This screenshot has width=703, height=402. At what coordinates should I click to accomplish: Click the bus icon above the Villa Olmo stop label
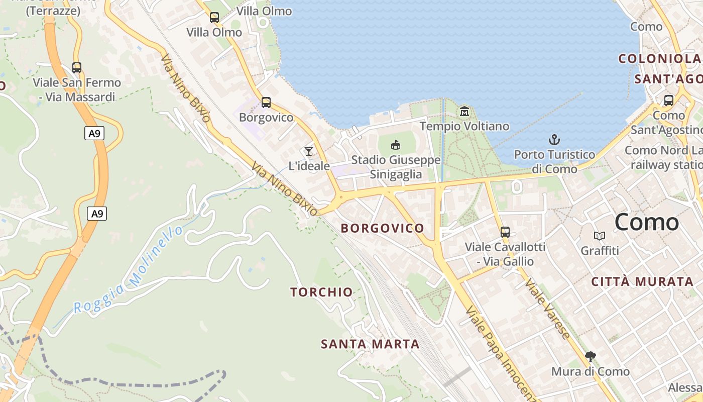tap(214, 18)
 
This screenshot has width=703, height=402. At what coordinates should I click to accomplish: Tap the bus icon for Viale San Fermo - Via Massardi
tap(77, 68)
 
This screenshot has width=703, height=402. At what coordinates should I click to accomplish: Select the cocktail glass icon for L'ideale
tap(309, 151)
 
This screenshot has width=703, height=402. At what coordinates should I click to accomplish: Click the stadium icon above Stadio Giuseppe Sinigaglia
tap(396, 145)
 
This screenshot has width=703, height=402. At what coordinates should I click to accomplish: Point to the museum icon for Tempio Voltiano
tap(464, 111)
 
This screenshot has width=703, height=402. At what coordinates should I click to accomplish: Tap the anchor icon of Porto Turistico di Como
tap(554, 140)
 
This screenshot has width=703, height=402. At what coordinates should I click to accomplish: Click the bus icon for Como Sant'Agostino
tap(669, 100)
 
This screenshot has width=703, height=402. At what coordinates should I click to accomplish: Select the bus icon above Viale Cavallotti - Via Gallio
tap(505, 232)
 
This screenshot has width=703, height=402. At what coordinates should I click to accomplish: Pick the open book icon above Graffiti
tap(600, 236)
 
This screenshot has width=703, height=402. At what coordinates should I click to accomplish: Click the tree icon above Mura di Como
tap(591, 357)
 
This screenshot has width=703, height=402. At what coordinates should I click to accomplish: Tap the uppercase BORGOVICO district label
tap(383, 228)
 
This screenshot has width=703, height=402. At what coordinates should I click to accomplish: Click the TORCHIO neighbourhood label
tap(321, 292)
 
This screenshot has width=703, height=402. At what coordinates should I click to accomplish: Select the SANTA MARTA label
tap(370, 344)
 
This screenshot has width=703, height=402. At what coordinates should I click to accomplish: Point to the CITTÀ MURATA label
tap(642, 282)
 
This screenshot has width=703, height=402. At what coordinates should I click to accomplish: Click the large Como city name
tap(647, 222)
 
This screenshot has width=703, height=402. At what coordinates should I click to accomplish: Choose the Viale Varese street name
tap(547, 308)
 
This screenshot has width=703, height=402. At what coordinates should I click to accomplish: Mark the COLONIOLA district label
tap(659, 59)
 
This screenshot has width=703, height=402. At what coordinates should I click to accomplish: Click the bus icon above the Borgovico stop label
tap(266, 103)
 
